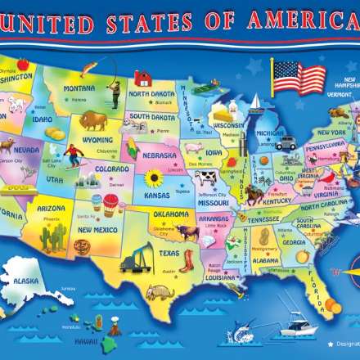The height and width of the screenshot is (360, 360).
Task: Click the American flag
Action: point(298,78)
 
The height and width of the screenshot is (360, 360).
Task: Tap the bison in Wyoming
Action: point(92,121)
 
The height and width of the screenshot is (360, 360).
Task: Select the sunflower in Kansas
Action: point(153,178)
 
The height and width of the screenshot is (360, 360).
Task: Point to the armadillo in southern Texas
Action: point(160,292)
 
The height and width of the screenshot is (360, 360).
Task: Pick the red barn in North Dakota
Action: point(143,79)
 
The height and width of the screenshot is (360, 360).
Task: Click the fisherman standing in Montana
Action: point(115,92)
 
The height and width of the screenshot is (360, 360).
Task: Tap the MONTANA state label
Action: point(79,88)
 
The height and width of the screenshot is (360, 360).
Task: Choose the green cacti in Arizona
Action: point(53,238)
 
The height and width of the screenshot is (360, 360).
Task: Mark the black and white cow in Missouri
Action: point(206,178)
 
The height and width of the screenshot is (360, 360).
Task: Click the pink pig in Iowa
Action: point(193,148)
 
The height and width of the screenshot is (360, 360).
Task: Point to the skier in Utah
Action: point(74,154)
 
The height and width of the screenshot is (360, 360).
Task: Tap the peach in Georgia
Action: point(301,256)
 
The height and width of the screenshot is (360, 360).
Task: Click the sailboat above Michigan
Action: point(256,103)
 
